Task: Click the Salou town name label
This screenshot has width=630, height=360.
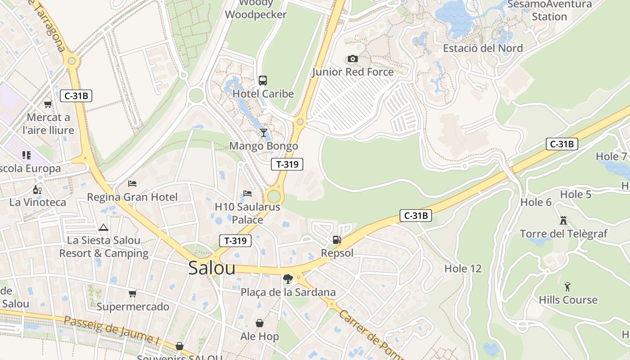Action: (211, 268)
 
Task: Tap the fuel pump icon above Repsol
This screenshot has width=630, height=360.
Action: (337, 240)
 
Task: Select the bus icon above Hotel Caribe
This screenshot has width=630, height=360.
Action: (263, 81)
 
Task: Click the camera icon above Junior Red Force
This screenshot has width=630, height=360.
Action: (353, 59)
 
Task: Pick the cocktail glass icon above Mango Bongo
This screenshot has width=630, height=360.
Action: (264, 133)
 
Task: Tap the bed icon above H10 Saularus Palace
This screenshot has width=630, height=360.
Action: (247, 193)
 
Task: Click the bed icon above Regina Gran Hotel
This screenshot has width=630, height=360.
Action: (132, 184)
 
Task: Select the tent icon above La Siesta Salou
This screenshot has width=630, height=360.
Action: (103, 227)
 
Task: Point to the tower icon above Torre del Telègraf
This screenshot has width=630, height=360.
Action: (563, 220)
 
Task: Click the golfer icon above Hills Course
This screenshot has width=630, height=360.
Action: (567, 287)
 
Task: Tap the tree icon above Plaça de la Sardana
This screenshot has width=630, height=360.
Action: (288, 279)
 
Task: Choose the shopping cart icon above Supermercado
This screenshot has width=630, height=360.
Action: (132, 294)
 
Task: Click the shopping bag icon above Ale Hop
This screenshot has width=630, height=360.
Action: (260, 323)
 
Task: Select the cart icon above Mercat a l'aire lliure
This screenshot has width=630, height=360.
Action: (48, 104)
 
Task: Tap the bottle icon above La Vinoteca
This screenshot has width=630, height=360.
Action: (37, 189)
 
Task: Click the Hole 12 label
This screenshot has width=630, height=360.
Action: (463, 269)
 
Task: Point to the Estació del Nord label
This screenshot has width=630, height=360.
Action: (483, 48)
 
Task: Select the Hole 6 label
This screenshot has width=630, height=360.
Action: (536, 202)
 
